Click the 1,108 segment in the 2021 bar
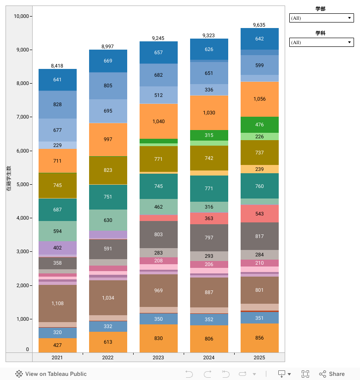point(57,303)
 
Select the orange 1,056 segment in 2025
point(259,99)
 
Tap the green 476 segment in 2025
point(259,125)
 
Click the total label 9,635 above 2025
point(259,25)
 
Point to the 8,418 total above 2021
point(57,66)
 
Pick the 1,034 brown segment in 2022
point(108,298)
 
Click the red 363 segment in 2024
point(209,218)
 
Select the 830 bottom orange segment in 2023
point(158,338)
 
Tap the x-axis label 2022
point(108,357)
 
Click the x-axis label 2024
point(209,357)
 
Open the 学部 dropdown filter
point(321,18)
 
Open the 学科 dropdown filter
point(321,42)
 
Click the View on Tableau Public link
point(51,374)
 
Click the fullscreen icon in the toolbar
point(305,374)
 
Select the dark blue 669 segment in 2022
point(108,61)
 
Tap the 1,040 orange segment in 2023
point(158,121)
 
